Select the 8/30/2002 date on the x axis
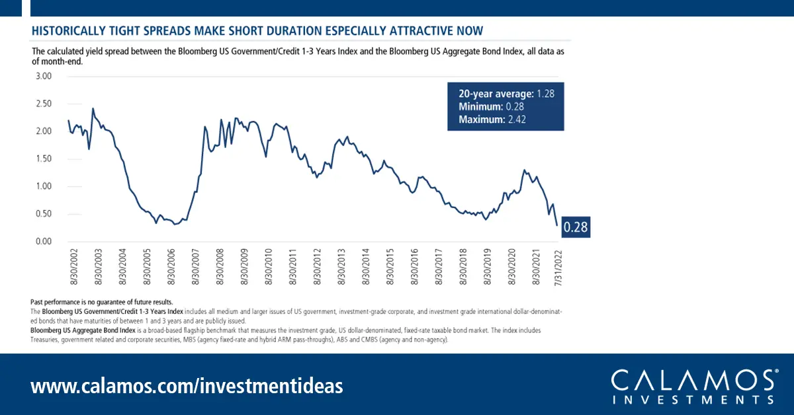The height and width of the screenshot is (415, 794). (x=73, y=267)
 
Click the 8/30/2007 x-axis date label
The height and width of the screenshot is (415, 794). (x=196, y=267)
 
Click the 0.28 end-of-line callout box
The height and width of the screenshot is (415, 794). (x=576, y=228)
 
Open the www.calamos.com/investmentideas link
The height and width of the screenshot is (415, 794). (x=187, y=385)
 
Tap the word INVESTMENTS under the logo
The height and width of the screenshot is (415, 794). (x=693, y=399)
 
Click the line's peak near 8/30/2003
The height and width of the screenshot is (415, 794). (x=93, y=108)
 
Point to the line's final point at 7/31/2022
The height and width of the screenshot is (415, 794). (x=556, y=226)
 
